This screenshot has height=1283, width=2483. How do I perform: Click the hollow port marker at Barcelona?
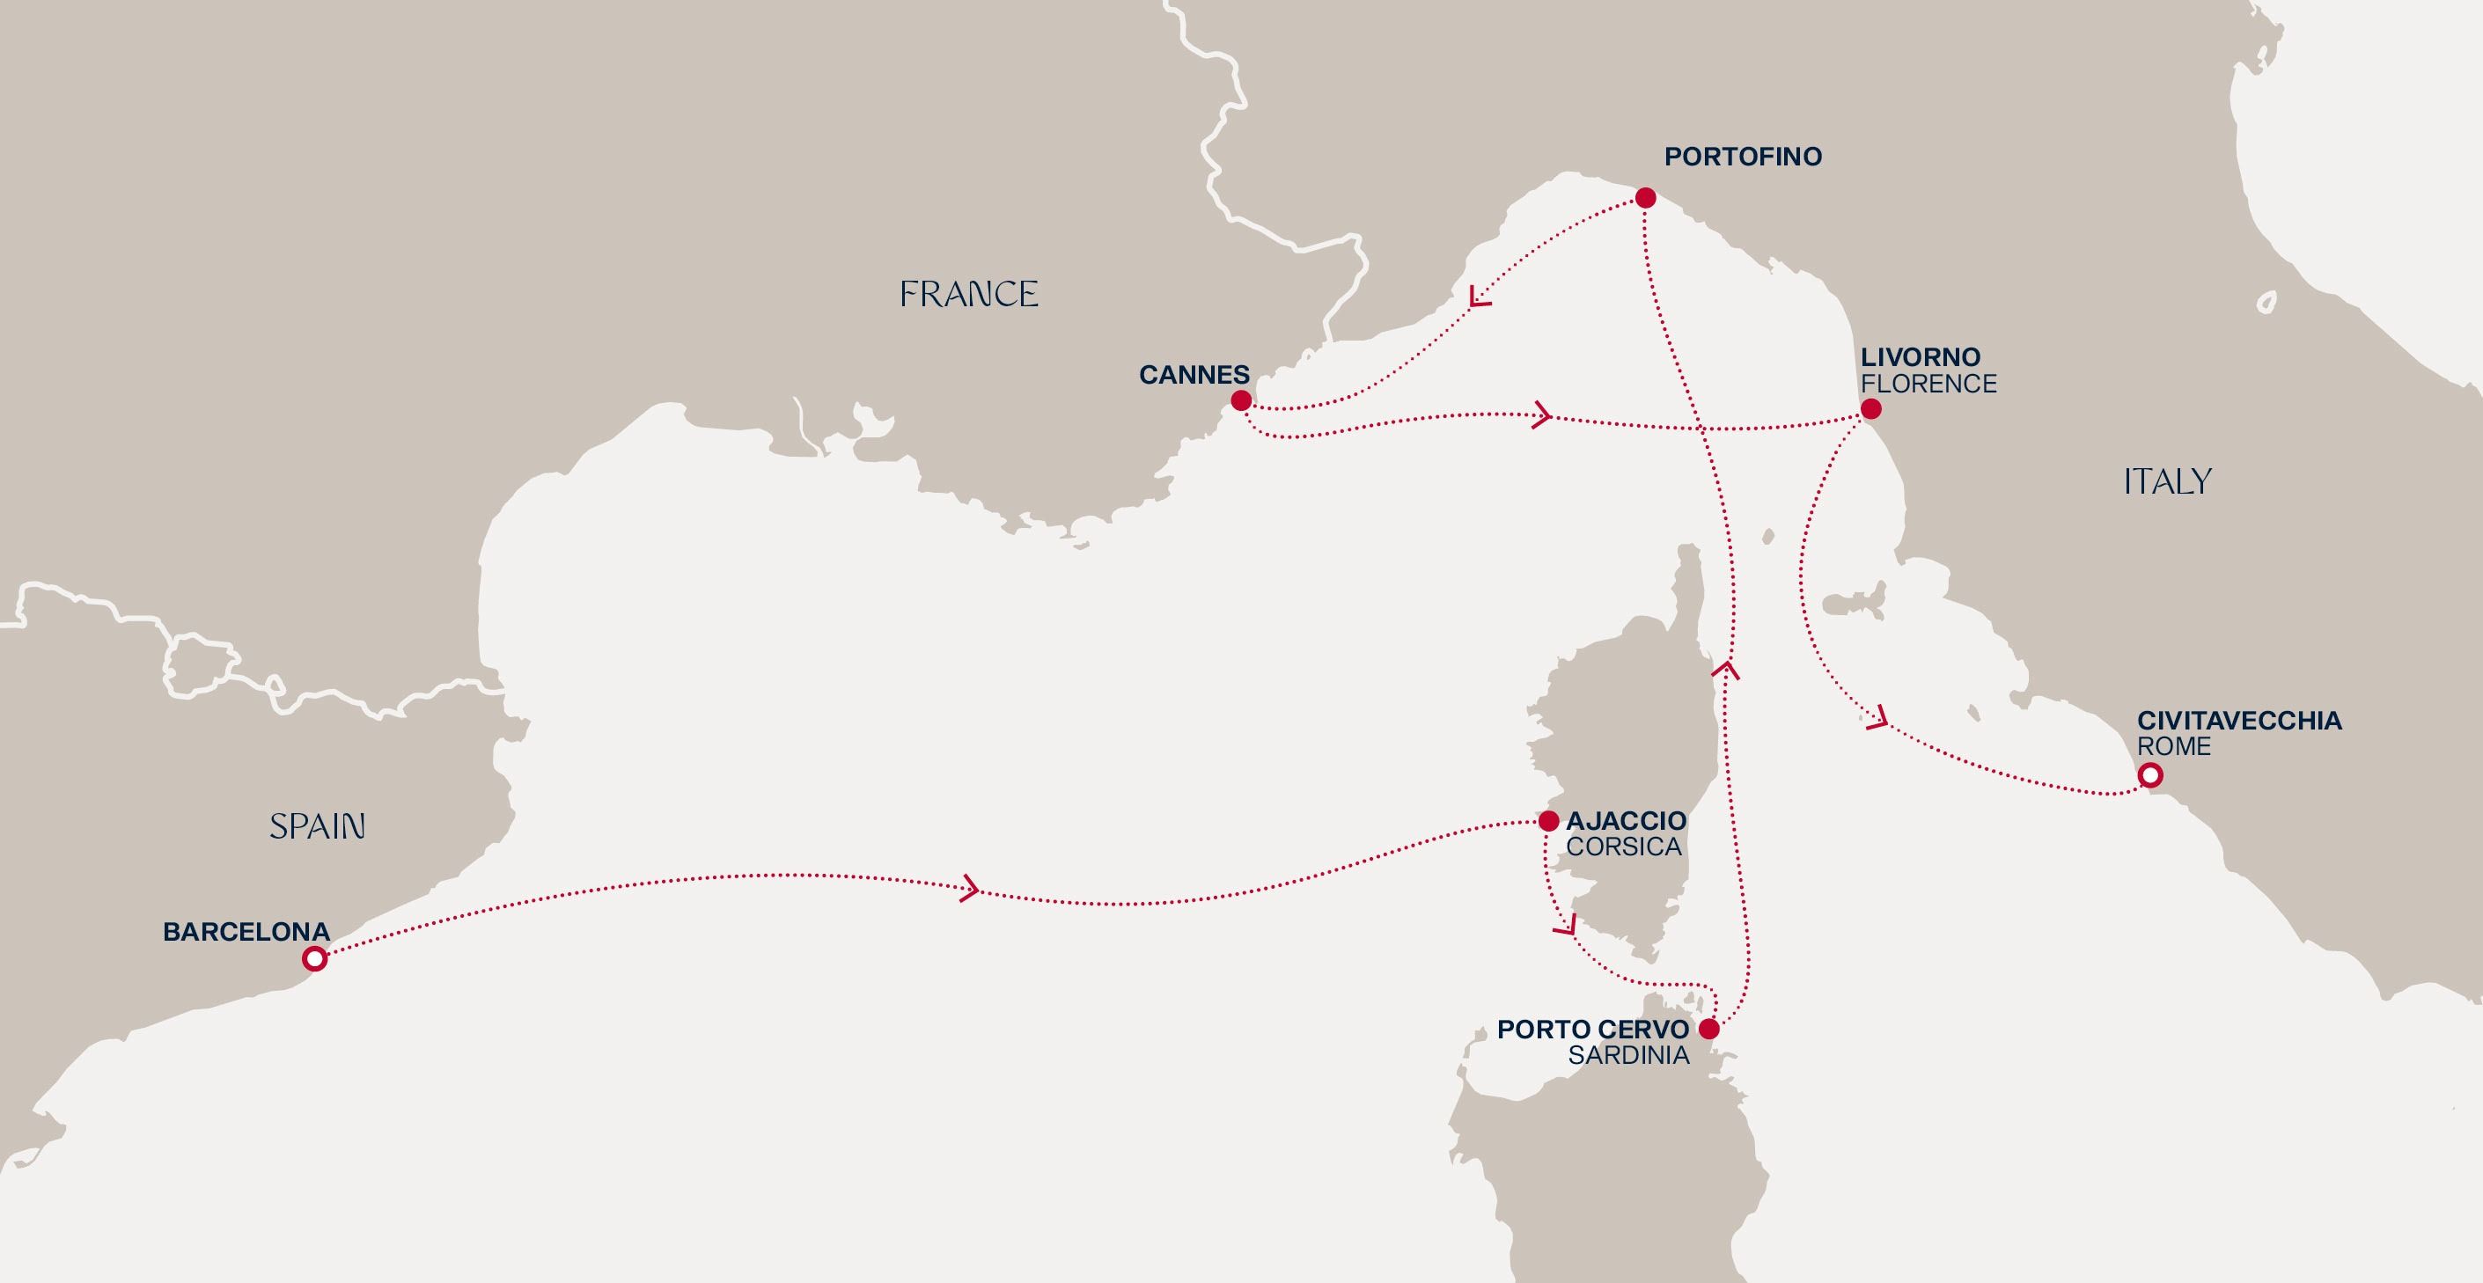tap(314, 959)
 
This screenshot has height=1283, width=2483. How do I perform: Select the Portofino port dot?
tap(1646, 199)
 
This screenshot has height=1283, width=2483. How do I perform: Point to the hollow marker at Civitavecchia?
tap(2149, 775)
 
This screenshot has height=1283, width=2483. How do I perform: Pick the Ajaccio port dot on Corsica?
tap(1548, 821)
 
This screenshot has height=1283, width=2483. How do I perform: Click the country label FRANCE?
tap(969, 294)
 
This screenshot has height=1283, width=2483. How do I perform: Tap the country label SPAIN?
tap(317, 826)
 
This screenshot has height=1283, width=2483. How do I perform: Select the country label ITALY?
tap(2167, 481)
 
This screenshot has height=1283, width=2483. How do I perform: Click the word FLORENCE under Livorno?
tap(1928, 384)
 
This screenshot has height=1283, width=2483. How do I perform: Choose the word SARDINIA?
tap(1628, 1055)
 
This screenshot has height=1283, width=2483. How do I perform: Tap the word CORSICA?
tap(1623, 847)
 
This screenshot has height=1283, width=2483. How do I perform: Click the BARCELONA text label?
tap(246, 932)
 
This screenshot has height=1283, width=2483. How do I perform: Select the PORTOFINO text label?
tap(1743, 158)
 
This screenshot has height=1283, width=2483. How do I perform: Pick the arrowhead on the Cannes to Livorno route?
tap(1541, 416)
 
